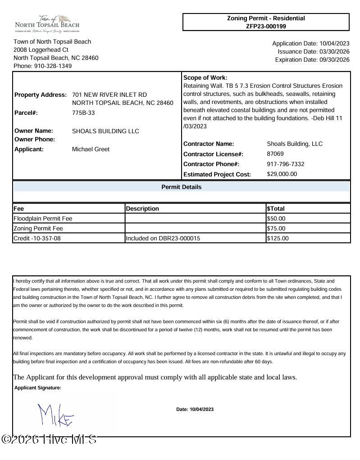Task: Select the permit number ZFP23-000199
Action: point(266,26)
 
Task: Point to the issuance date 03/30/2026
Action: point(334,52)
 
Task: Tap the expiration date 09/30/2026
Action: point(334,60)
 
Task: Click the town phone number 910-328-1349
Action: point(53,66)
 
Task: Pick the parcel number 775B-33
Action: point(83,113)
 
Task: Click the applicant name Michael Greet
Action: point(91,149)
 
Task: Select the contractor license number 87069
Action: point(275,154)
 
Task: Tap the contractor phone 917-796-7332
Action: point(286,164)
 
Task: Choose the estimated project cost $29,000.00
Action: point(282,174)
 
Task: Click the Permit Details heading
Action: point(182,187)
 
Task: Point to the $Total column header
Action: point(276,209)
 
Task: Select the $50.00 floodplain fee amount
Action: point(276,219)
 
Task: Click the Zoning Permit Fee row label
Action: point(38,229)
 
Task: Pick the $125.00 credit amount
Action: point(278,239)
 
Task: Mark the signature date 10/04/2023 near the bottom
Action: point(201,410)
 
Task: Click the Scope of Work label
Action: point(205,78)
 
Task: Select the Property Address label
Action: point(41,95)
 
